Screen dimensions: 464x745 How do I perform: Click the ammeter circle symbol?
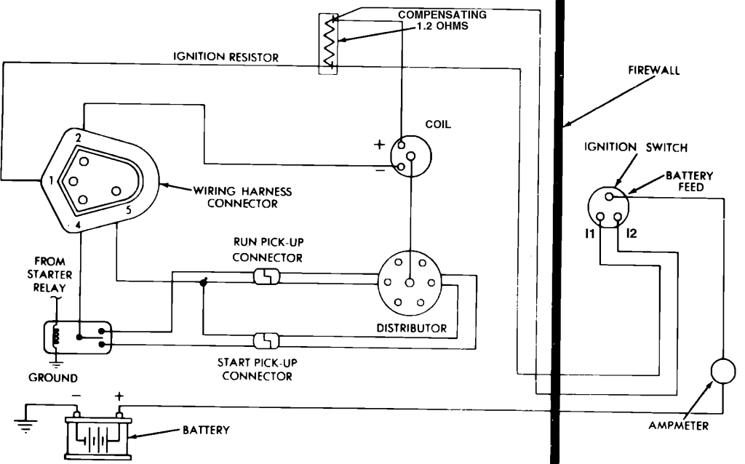(723, 371)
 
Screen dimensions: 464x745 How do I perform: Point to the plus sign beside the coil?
(378, 144)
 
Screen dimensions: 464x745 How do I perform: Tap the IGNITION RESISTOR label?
(224, 57)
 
